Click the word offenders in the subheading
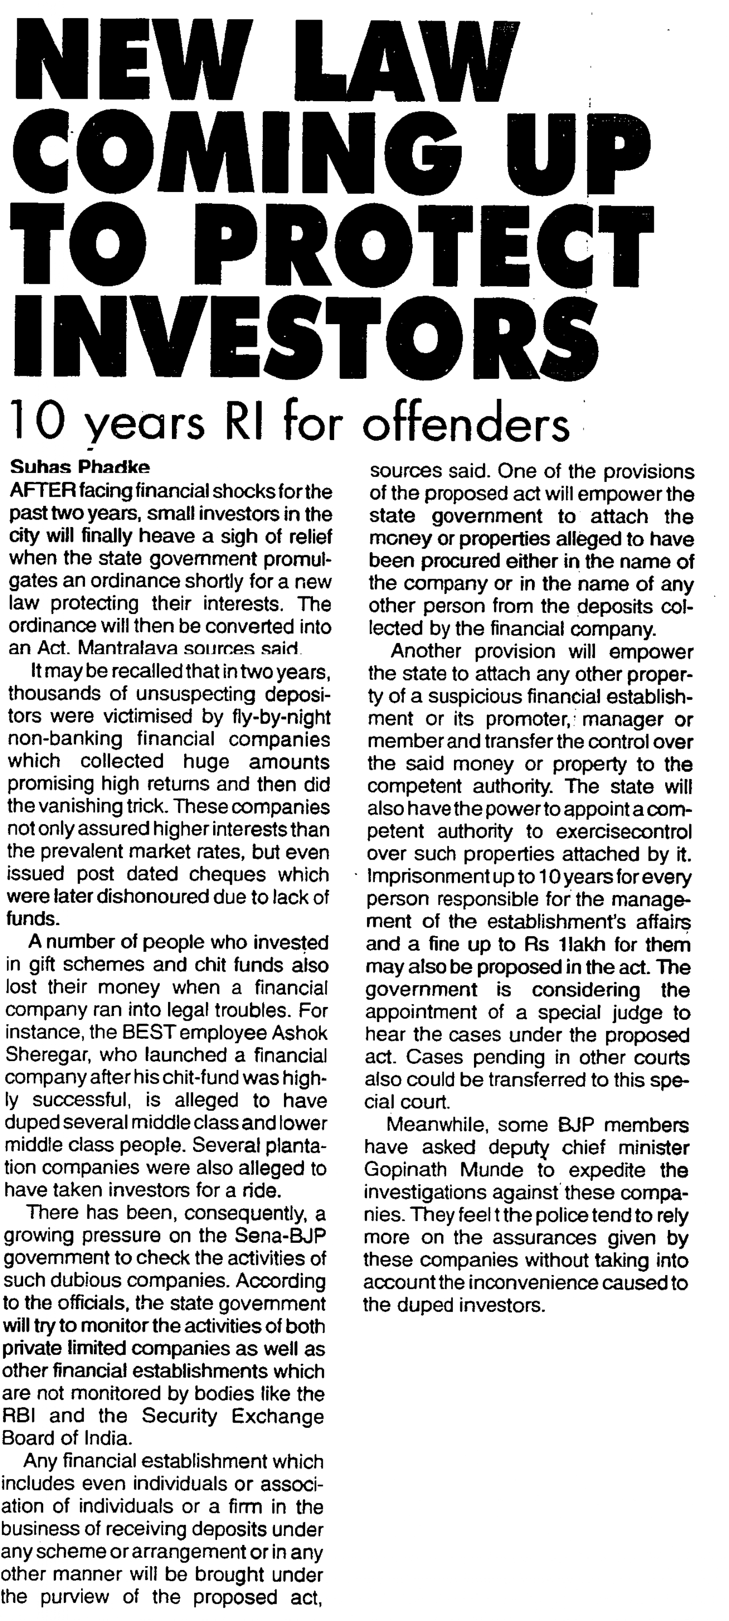[x=465, y=425]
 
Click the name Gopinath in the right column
[x=407, y=1171]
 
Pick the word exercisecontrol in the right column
[x=624, y=832]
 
